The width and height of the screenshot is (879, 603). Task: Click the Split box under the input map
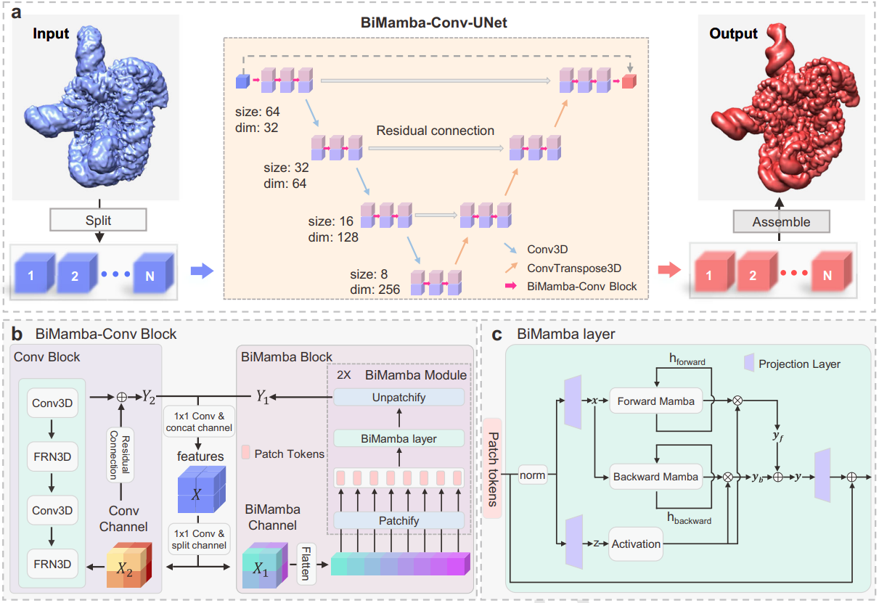click(98, 220)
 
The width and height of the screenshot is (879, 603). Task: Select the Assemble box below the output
click(781, 221)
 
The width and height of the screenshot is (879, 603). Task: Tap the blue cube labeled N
click(153, 273)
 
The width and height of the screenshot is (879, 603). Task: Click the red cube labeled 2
click(756, 272)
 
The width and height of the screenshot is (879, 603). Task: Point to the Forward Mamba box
click(655, 401)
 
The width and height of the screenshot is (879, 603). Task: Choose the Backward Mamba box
click(655, 477)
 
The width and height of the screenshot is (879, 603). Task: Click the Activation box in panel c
click(636, 543)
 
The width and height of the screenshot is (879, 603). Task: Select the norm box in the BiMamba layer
click(533, 475)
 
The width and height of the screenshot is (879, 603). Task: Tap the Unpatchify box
click(398, 398)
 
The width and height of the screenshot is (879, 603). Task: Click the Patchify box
click(398, 520)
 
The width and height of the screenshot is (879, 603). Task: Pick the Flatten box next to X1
click(306, 564)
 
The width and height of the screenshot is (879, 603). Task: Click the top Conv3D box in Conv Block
click(52, 403)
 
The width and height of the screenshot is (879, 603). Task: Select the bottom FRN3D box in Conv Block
click(52, 564)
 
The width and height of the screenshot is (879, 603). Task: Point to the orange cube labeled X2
click(129, 565)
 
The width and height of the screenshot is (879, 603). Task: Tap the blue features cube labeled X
click(201, 490)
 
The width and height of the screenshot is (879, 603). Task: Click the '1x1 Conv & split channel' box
click(199, 539)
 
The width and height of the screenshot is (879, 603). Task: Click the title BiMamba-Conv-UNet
click(433, 22)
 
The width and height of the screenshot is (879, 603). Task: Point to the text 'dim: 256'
click(375, 290)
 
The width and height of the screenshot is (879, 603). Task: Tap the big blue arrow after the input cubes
click(202, 271)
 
